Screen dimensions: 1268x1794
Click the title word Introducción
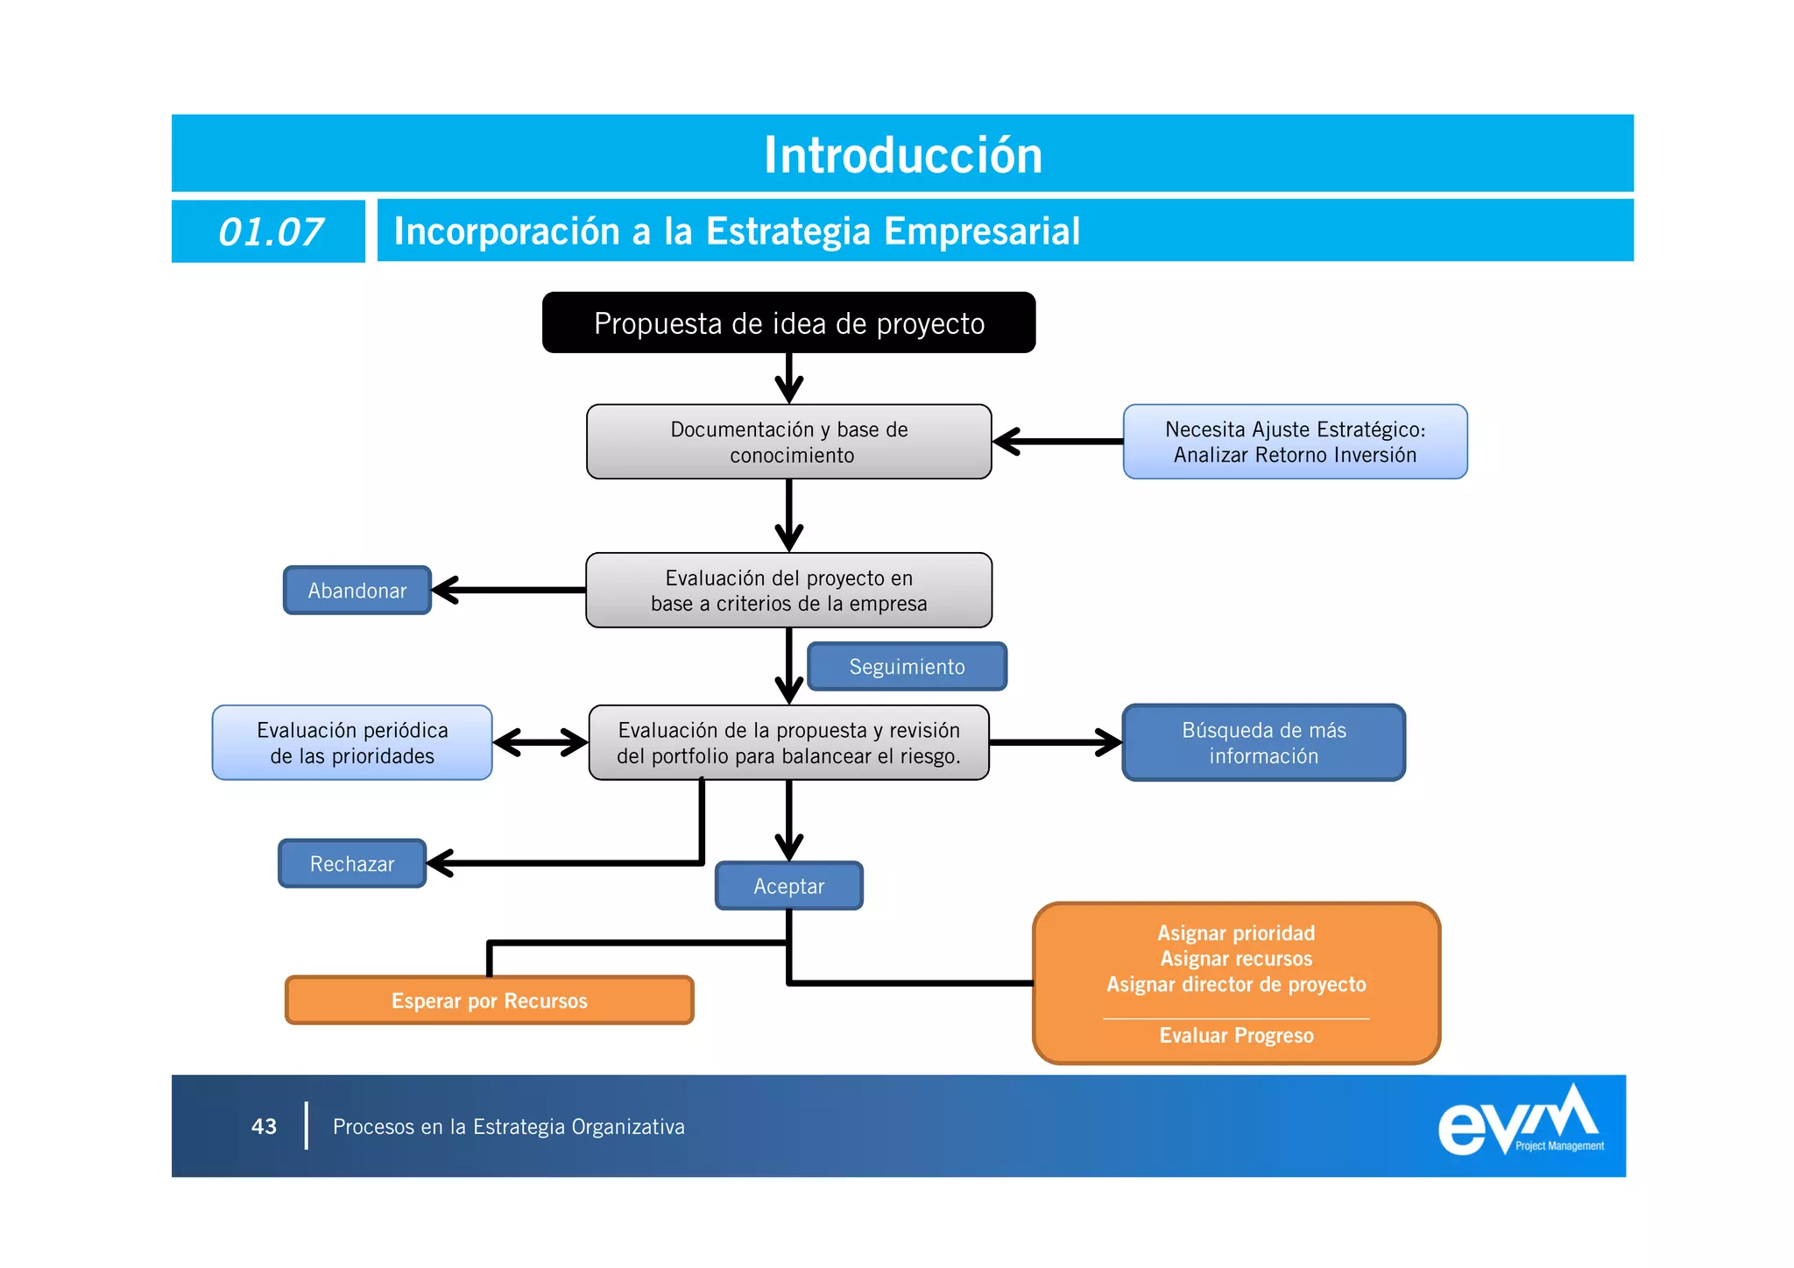[902, 155]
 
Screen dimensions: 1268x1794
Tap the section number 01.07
[270, 232]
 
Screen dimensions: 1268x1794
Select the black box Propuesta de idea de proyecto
[788, 323]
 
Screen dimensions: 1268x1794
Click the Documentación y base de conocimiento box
[788, 442]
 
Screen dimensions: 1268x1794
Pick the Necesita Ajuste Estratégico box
[1294, 442]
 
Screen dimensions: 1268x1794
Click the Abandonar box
[357, 591]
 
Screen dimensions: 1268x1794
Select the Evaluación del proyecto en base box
[788, 591]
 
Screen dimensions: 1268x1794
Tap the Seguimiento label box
[907, 667]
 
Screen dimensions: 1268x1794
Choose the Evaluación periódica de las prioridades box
[352, 743]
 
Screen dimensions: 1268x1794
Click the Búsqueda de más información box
[1263, 743]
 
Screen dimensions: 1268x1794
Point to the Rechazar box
[352, 864]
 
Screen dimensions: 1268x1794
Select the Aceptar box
[788, 886]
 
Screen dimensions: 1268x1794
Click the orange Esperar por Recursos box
[489, 1001]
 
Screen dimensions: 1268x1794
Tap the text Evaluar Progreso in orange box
[1236, 1036]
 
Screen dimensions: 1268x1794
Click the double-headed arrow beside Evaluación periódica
[540, 743]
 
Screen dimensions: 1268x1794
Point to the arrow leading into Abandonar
[508, 591]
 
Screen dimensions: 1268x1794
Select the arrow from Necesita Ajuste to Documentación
[1057, 442]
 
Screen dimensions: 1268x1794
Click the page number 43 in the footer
[264, 1127]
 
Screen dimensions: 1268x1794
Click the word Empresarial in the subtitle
[981, 232]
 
